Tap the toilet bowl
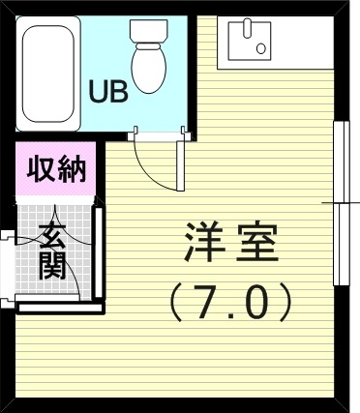click(x=148, y=67)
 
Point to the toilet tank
click(x=149, y=32)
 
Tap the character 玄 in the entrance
click(x=53, y=234)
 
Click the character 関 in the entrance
click(x=53, y=264)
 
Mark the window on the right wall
click(x=340, y=203)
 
